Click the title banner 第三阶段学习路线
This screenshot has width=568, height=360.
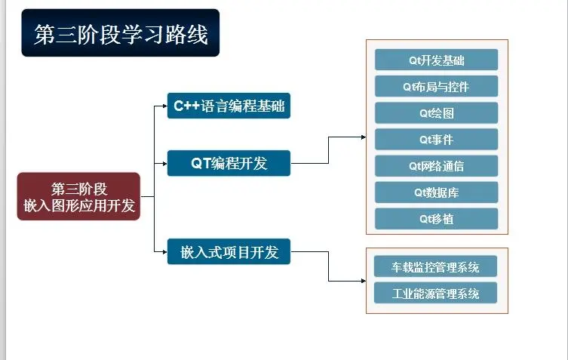click(120, 32)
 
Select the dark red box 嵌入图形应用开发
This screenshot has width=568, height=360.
click(78, 196)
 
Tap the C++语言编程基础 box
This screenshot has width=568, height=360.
click(229, 106)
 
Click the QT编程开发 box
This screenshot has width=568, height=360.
click(229, 163)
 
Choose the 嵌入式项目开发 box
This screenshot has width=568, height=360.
click(229, 251)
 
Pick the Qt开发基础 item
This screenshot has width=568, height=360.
click(436, 60)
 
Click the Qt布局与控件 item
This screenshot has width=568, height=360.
click(436, 86)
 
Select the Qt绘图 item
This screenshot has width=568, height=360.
click(436, 112)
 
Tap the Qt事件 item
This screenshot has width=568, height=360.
click(436, 139)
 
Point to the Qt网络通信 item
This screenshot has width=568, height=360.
click(436, 166)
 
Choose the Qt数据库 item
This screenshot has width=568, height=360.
click(436, 192)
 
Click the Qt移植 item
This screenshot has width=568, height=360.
click(436, 219)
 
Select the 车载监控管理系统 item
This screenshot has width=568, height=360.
click(435, 266)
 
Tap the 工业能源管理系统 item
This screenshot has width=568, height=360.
click(435, 293)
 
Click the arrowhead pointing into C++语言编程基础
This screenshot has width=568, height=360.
click(165, 106)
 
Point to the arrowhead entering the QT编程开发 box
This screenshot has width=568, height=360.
click(165, 164)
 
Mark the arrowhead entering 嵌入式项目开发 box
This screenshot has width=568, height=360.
click(165, 251)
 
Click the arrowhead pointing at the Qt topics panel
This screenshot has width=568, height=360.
click(364, 137)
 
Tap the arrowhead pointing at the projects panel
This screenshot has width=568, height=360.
click(364, 281)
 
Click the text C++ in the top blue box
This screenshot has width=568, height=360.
click(186, 106)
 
